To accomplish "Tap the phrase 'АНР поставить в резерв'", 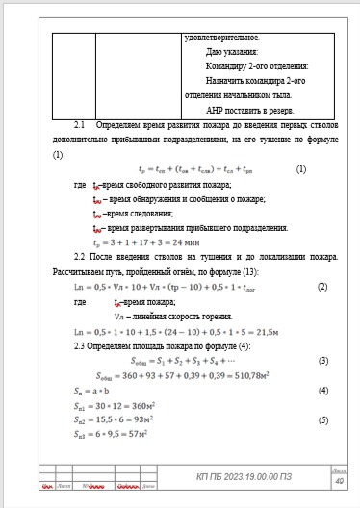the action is pyautogui.click(x=245, y=111).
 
